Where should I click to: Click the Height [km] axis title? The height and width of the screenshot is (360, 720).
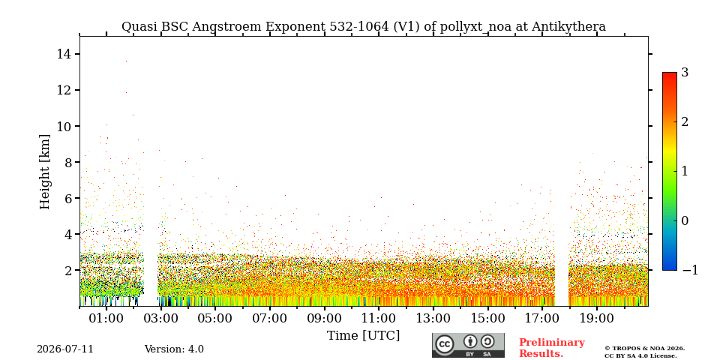point(44,172)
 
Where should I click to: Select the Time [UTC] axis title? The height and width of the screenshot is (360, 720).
point(363,336)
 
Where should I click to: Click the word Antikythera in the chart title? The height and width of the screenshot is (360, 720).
point(568,27)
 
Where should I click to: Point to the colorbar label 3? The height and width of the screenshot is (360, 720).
point(685,73)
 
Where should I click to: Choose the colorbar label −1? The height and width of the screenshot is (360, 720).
point(690,270)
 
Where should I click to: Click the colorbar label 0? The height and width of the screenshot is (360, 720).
point(685,220)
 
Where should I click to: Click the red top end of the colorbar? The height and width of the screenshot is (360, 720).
point(670,74)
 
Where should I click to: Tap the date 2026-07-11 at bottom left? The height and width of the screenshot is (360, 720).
point(65,349)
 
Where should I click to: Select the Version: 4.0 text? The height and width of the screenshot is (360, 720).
point(174,349)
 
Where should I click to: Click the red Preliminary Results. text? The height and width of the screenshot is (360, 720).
point(552,348)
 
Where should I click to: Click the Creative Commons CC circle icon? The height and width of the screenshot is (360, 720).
point(445,345)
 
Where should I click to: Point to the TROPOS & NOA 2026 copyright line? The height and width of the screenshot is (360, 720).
point(644,349)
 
